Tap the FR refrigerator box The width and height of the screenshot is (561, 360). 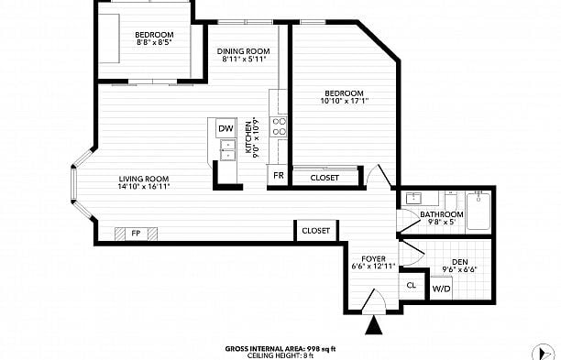click(277, 175)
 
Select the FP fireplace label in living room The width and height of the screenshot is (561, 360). click(135, 234)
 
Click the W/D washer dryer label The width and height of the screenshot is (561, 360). click(442, 289)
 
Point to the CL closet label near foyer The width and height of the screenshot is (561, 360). click(412, 285)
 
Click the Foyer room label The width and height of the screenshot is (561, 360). click(373, 258)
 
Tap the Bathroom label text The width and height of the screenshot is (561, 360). click(442, 214)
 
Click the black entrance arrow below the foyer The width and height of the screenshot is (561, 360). click(374, 324)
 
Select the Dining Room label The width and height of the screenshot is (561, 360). click(243, 51)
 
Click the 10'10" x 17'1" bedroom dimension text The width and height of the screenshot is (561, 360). click(344, 102)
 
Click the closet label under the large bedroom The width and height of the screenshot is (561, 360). click(324, 178)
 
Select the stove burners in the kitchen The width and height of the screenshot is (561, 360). click(280, 125)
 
